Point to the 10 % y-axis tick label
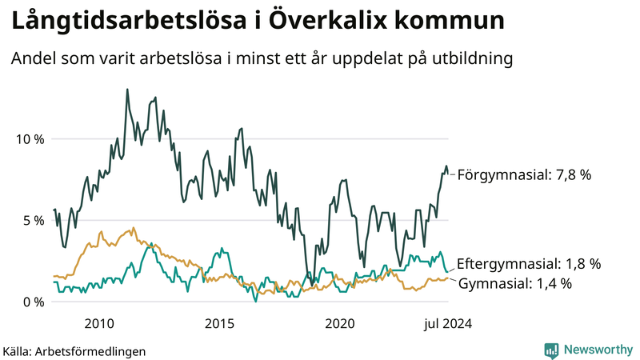(30, 139)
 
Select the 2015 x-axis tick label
(219, 324)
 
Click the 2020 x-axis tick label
(340, 324)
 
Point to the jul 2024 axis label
(446, 324)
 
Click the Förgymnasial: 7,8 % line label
(524, 174)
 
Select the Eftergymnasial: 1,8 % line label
(528, 263)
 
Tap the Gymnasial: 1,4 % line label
(515, 283)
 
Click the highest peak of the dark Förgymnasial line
(127, 90)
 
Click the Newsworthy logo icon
(551, 350)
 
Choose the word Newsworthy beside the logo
(597, 350)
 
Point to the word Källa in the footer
(18, 351)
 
